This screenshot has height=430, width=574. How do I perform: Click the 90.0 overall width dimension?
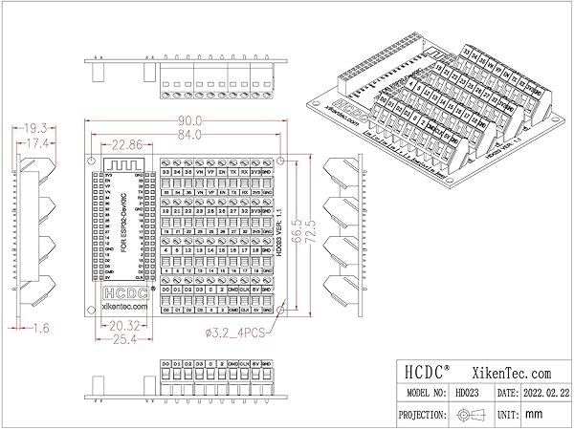190,120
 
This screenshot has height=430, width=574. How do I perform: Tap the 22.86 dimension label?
128,145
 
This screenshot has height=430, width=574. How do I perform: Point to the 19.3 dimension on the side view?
34,127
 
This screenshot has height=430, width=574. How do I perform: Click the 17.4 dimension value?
34,142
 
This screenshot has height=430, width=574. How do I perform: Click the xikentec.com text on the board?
121,307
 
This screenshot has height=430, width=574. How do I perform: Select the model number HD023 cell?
467,393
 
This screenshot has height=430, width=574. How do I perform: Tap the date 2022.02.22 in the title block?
546,393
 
